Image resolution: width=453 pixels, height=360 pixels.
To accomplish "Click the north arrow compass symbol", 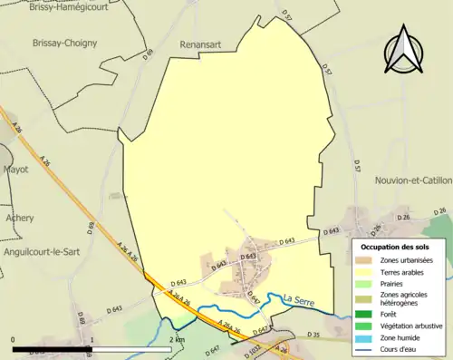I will click(403, 50).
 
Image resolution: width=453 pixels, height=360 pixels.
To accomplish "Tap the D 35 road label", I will click(314, 335).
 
